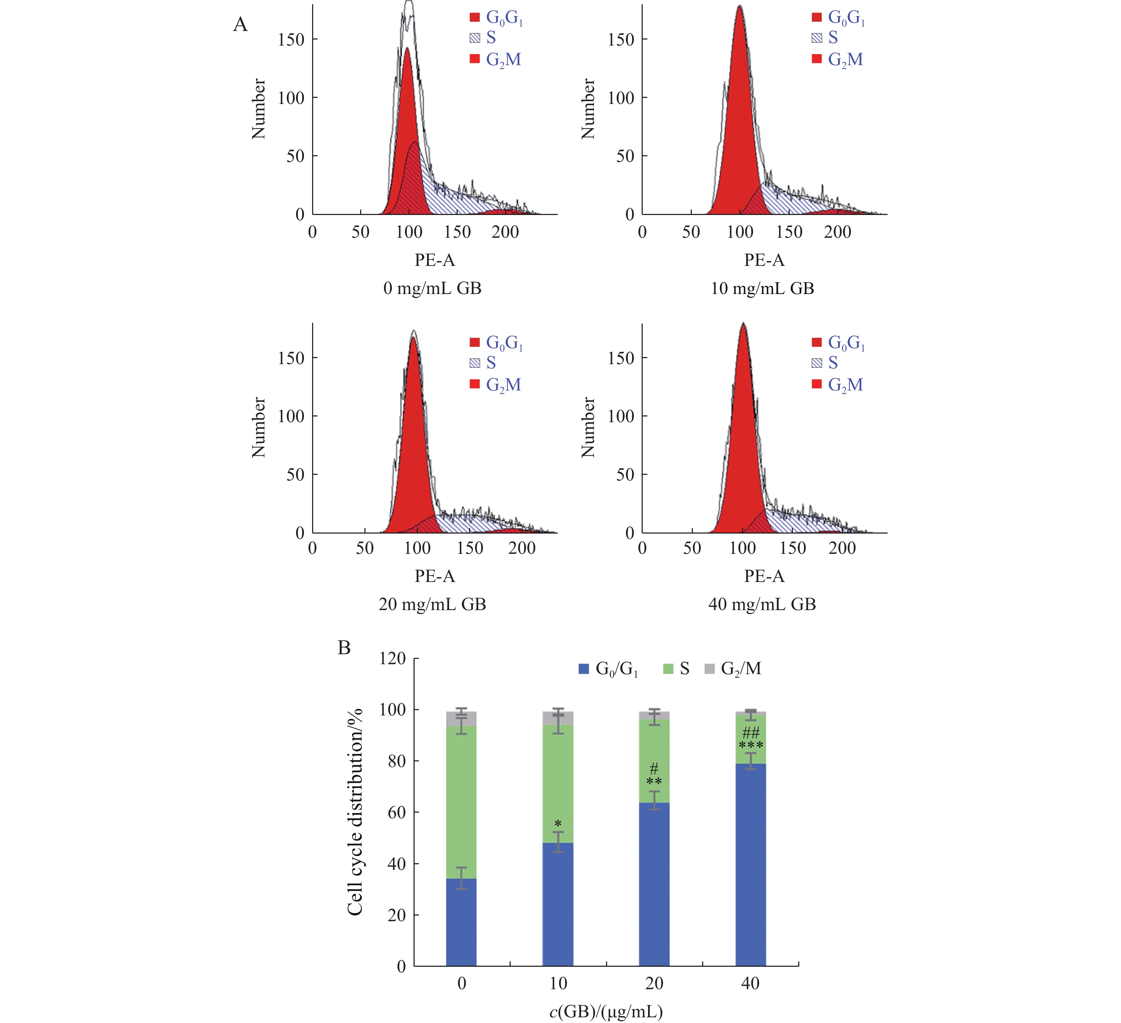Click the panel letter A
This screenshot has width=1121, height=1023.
[240, 25]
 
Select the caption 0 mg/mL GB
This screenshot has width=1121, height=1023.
[432, 288]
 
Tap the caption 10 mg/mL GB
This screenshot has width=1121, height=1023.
[762, 288]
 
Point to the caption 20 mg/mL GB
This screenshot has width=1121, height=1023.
[432, 604]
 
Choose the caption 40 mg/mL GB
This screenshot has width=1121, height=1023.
[762, 604]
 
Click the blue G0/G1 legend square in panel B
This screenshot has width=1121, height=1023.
[584, 668]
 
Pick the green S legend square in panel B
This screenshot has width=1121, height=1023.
[668, 668]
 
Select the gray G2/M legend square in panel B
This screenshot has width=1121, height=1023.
[710, 668]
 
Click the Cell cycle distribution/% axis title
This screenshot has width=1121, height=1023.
[355, 812]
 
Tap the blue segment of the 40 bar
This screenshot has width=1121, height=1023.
[751, 868]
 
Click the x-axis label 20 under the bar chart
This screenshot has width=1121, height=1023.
[654, 983]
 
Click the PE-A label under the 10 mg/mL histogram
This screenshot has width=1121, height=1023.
[764, 260]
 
